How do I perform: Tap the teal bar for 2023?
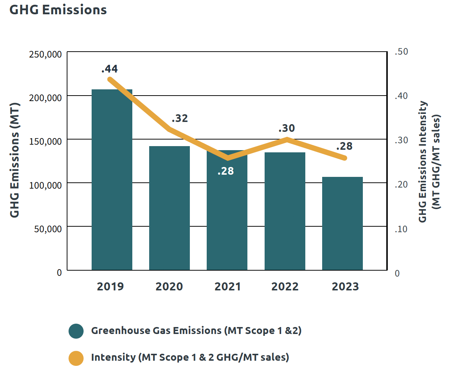pyautogui.click(x=342, y=223)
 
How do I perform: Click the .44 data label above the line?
pyautogui.click(x=110, y=69)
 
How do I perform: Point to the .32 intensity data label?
pyautogui.click(x=180, y=118)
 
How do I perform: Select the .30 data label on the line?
pyautogui.click(x=287, y=128)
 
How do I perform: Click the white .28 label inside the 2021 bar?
pyautogui.click(x=225, y=171)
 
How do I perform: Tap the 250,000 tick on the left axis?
pyautogui.click(x=45, y=54)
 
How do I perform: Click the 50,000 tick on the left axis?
pyautogui.click(x=48, y=229)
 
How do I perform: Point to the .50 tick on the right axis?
pyautogui.click(x=401, y=52)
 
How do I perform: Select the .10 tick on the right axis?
pyautogui.click(x=401, y=229)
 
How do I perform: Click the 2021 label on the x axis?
pyautogui.click(x=228, y=286)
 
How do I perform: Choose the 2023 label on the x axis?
pyautogui.click(x=345, y=286)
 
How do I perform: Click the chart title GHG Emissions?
pyautogui.click(x=58, y=10)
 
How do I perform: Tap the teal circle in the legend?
pyautogui.click(x=76, y=331)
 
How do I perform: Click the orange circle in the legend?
pyautogui.click(x=76, y=358)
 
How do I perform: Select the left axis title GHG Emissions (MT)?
pyautogui.click(x=14, y=160)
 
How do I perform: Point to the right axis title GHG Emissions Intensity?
pyautogui.click(x=423, y=161)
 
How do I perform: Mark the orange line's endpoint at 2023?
pyautogui.click(x=345, y=158)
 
